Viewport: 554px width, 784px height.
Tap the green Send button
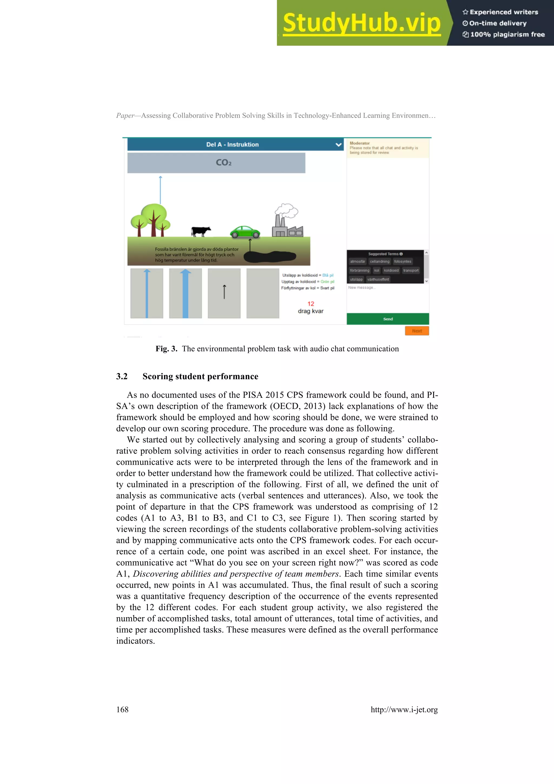pos(387,319)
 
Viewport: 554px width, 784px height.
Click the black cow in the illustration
pos(201,232)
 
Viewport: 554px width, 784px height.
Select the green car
pos(245,232)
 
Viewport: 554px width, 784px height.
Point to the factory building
pos(287,225)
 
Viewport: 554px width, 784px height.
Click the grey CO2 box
pos(216,163)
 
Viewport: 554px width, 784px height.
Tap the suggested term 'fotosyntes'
pos(403,262)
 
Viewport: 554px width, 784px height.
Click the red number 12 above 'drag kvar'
pos(311,304)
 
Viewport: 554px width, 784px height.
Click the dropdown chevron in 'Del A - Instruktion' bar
pos(338,145)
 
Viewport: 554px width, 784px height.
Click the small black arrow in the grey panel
pos(224,292)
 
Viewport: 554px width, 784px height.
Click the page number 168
pos(122,710)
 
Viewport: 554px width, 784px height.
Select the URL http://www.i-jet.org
pos(404,710)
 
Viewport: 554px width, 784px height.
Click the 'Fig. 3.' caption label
pos(166,349)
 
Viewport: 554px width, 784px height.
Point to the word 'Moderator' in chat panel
pos(360,143)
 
